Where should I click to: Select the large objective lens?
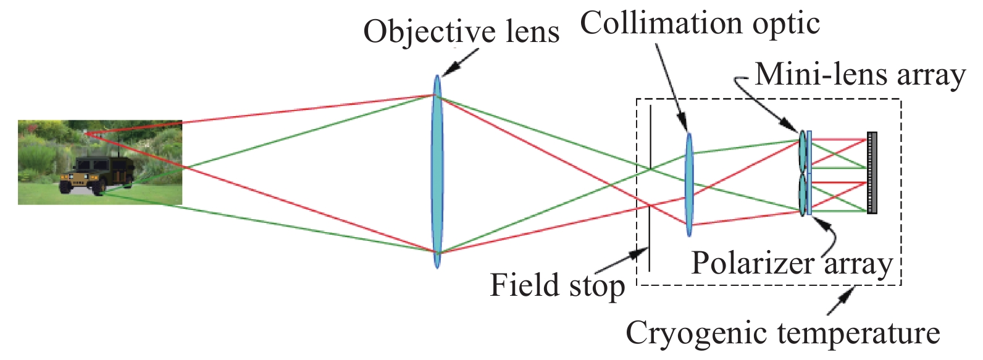pyautogui.click(x=437, y=171)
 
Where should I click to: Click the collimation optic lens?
pyautogui.click(x=689, y=185)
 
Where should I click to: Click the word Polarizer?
pyautogui.click(x=753, y=264)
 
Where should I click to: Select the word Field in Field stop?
pyautogui.click(x=524, y=285)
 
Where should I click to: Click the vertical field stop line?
pyautogui.click(x=650, y=188)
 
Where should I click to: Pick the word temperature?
pyautogui.click(x=859, y=333)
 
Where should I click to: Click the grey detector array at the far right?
pyautogui.click(x=871, y=172)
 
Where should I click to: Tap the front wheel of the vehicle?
pyautogui.click(x=65, y=186)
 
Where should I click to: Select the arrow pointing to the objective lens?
pyautogui.click(x=461, y=61)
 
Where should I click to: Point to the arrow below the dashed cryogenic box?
pyautogui.click(x=841, y=301)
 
